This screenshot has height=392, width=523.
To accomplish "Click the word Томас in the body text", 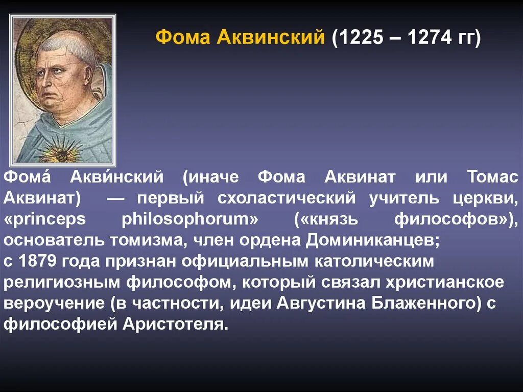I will coord(492,177).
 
